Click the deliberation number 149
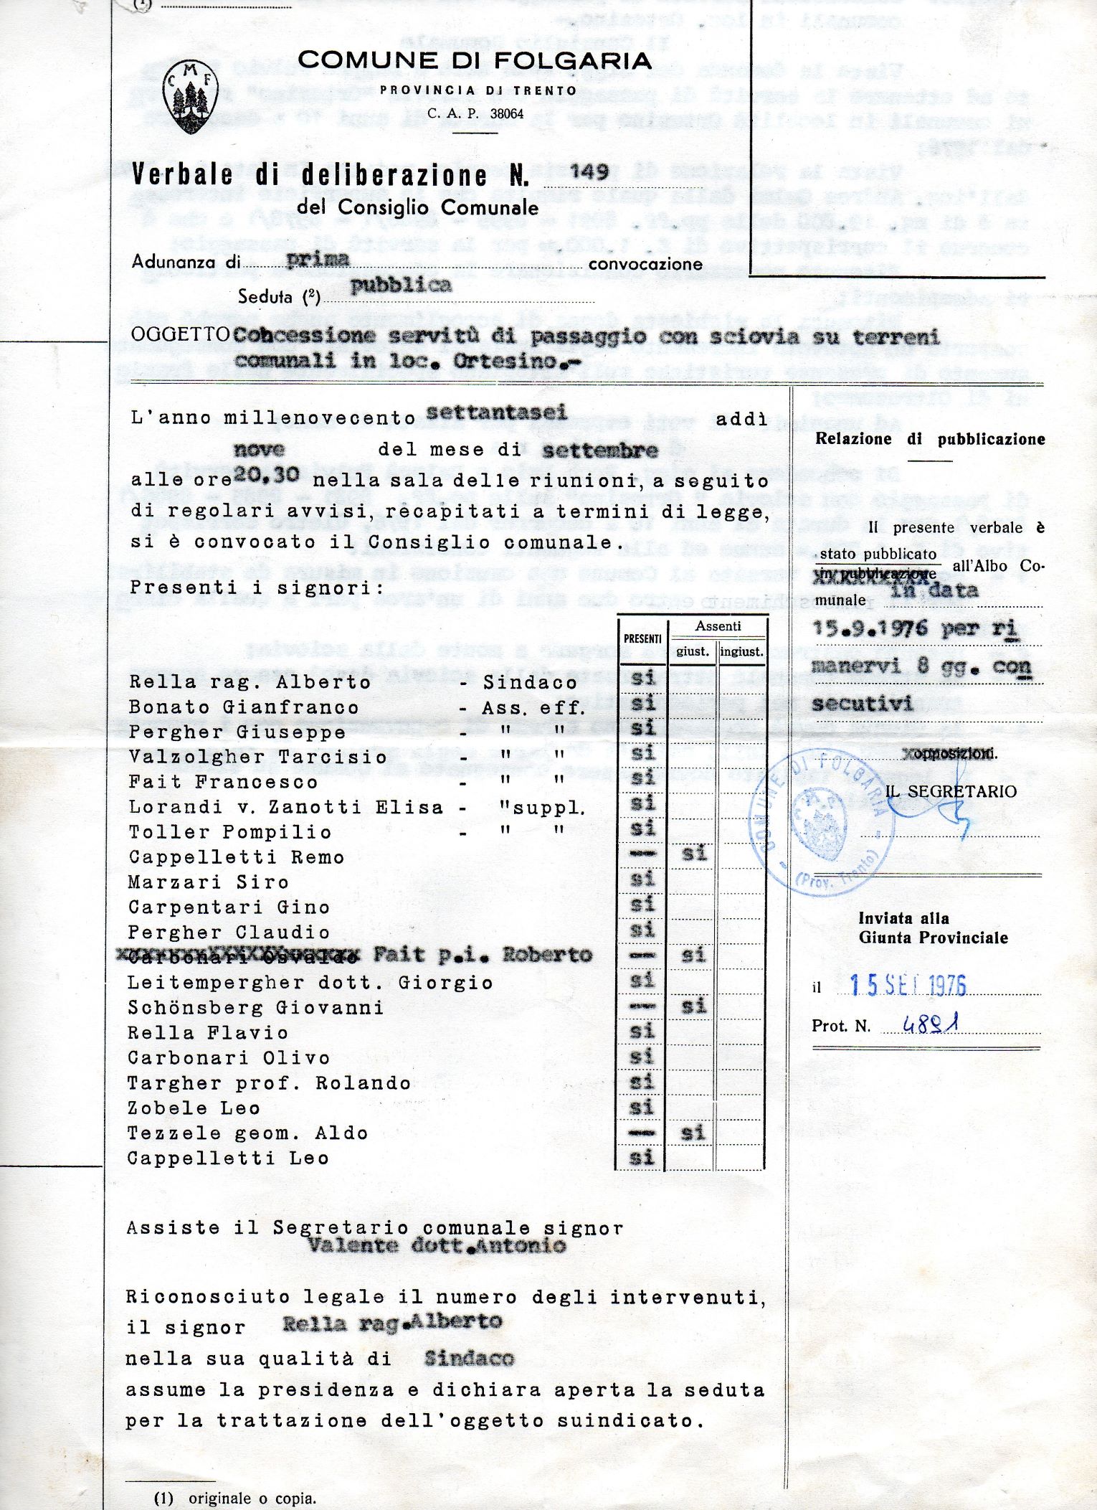click(x=589, y=171)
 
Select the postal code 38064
click(x=506, y=113)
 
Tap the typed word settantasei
click(x=496, y=412)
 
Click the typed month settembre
click(x=599, y=450)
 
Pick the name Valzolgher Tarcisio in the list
click(x=257, y=757)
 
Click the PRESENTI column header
click(x=642, y=638)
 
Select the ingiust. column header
click(x=741, y=651)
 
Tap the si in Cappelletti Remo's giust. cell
click(x=693, y=853)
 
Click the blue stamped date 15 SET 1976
click(x=908, y=985)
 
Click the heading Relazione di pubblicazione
click(x=930, y=439)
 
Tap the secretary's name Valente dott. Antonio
click(x=437, y=1245)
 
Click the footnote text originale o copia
click(x=252, y=1498)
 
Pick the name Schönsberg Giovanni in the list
click(x=255, y=1007)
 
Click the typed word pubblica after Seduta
click(x=401, y=285)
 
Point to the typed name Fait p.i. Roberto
click(x=483, y=954)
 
